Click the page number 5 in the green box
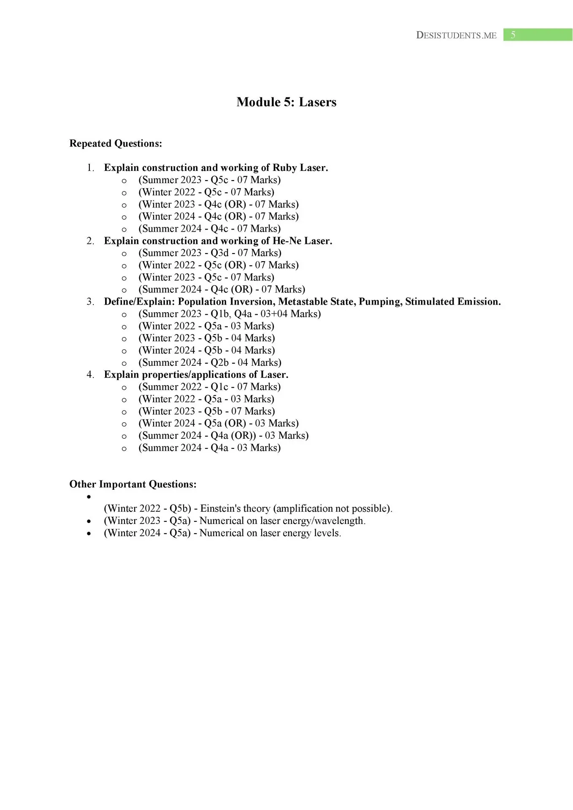pos(513,35)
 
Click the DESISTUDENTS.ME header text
pos(456,35)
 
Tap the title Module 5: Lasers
pos(286,102)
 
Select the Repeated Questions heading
pos(116,143)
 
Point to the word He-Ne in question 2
pos(287,241)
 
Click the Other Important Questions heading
pos(133,484)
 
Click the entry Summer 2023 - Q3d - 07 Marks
pos(210,253)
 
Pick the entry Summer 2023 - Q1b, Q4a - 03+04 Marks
pos(230,314)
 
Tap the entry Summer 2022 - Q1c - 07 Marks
pos(209,387)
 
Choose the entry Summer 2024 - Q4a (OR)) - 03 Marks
pos(223,435)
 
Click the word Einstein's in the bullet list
pos(220,509)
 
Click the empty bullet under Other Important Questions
pos(89,497)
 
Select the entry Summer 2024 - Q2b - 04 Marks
pos(210,362)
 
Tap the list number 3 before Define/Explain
pos(90,302)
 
